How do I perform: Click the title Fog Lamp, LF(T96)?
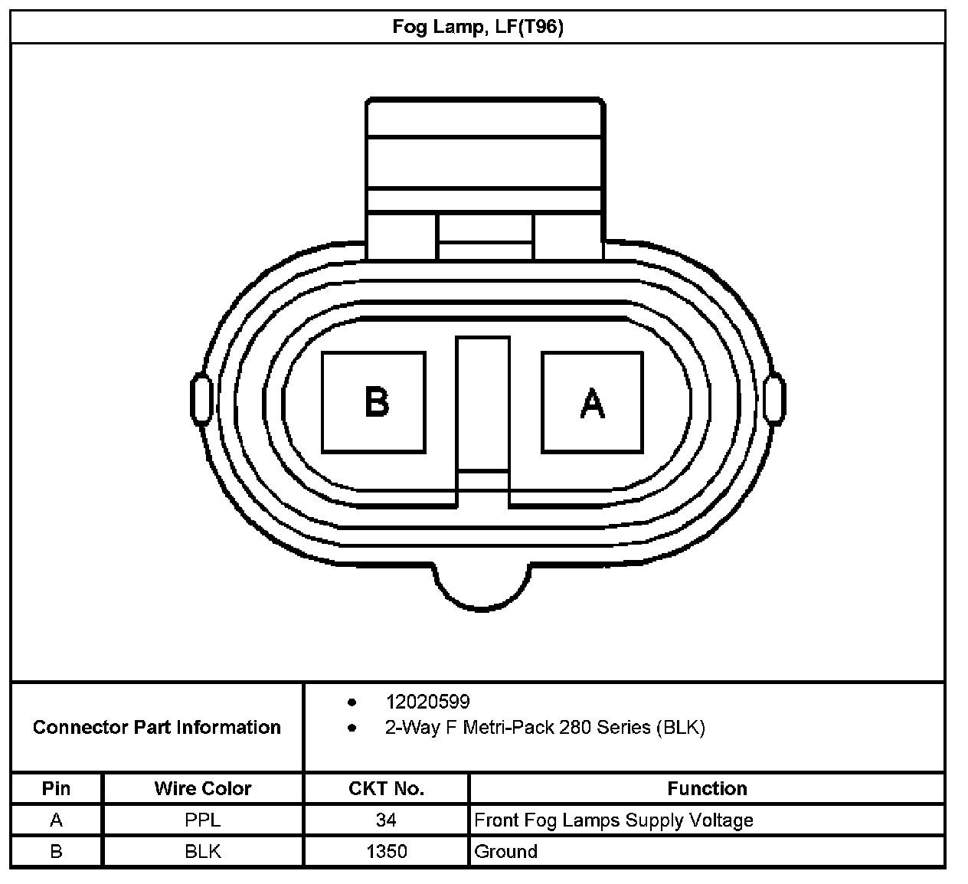tap(478, 28)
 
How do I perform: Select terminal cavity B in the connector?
tap(374, 401)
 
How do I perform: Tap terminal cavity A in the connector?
tap(592, 401)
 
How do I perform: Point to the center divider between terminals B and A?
tap(482, 404)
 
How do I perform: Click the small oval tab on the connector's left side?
tap(200, 398)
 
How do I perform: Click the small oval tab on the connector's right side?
tap(774, 398)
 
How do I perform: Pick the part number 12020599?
tap(427, 702)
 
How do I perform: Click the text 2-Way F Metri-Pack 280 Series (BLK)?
tap(544, 727)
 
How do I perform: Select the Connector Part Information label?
tap(157, 727)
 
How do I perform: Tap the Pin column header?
tap(57, 788)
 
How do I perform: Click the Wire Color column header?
tap(203, 788)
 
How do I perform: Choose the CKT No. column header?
tap(386, 788)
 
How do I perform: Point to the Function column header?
tap(707, 788)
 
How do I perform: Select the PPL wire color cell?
tap(203, 820)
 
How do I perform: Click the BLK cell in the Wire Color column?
tap(203, 851)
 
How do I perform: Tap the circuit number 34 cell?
tap(386, 820)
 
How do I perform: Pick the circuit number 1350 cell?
tap(386, 851)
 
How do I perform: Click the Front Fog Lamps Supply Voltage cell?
tap(614, 820)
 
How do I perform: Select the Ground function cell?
tap(506, 851)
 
